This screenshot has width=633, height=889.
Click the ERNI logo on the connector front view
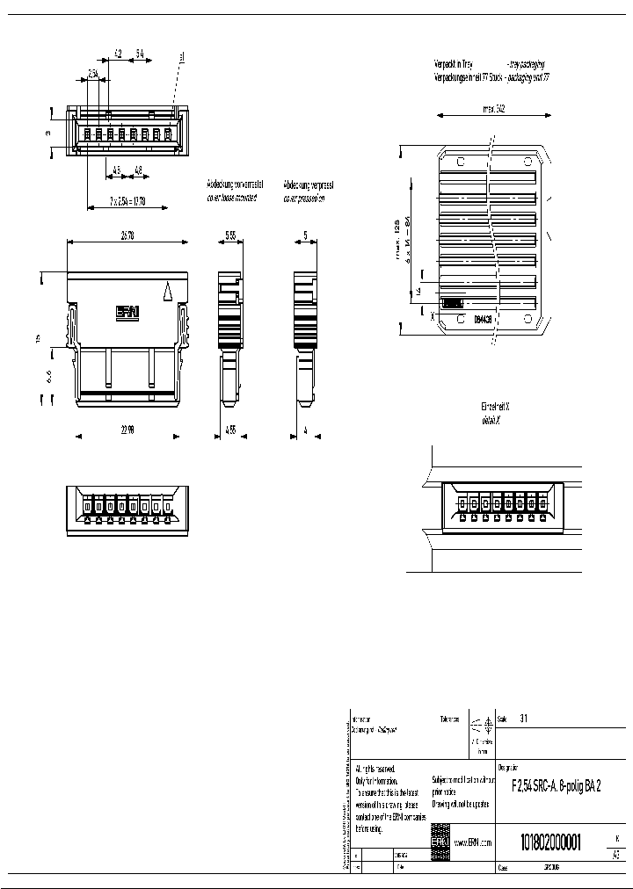click(128, 310)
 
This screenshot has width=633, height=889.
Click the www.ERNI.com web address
click(472, 842)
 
